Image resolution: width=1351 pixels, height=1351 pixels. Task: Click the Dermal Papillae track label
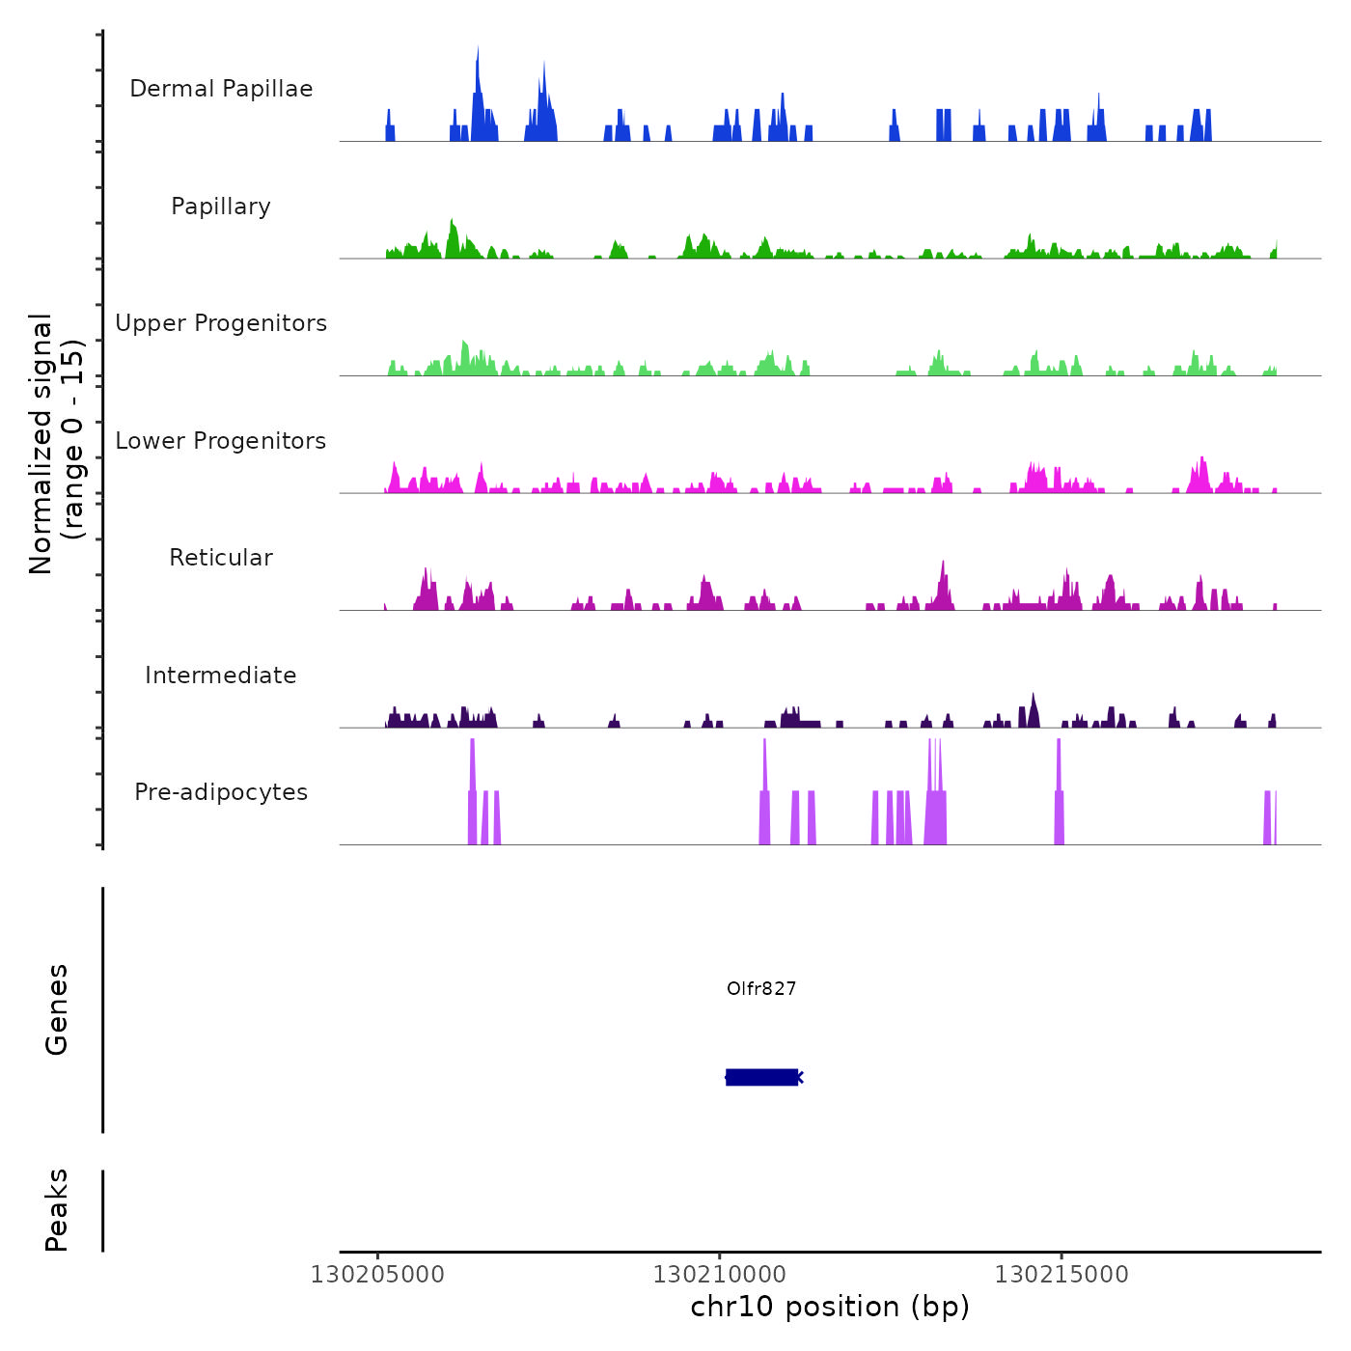(x=221, y=89)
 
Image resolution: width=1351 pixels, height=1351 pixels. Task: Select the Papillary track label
(x=221, y=207)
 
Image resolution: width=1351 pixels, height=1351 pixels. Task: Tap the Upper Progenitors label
(x=221, y=323)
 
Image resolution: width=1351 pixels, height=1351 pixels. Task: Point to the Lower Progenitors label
(x=221, y=441)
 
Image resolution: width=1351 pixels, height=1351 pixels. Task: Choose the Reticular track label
(x=221, y=558)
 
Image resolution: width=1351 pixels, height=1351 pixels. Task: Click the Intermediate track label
(x=221, y=675)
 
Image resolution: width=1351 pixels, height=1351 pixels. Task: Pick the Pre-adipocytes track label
(x=221, y=792)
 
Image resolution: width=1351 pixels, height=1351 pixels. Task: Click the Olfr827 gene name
(x=761, y=988)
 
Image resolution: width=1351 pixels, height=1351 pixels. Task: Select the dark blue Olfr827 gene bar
(x=761, y=1077)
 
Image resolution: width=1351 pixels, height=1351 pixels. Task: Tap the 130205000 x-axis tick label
(x=377, y=1274)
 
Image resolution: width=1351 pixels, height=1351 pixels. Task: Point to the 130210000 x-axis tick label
(x=720, y=1274)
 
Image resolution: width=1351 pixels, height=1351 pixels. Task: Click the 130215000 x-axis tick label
(x=1061, y=1274)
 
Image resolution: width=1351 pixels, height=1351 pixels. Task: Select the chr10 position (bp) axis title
(x=830, y=1307)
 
